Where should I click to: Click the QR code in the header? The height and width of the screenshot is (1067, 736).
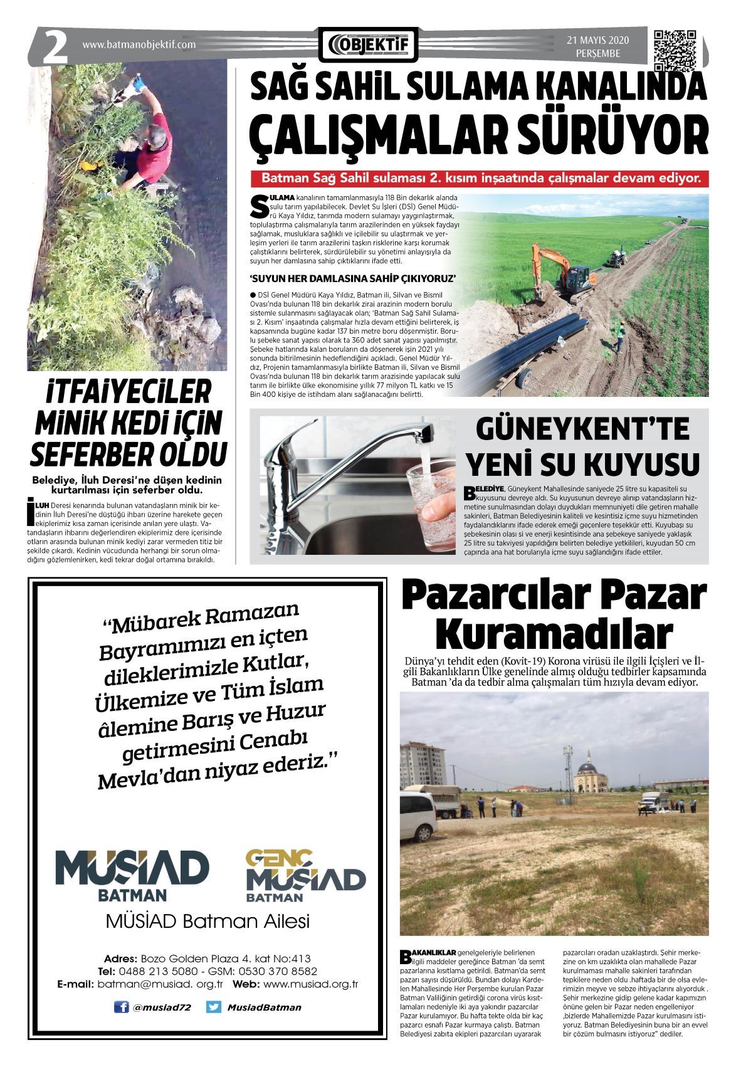coord(675,48)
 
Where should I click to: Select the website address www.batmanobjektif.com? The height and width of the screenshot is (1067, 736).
coord(139,45)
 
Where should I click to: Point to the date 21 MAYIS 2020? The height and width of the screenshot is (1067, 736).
coord(597,41)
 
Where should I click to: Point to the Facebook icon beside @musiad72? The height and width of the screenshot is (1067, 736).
coord(121,1007)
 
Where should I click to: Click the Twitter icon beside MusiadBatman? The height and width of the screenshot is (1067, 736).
coord(214,1007)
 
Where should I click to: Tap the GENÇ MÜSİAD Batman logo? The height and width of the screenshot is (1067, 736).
coord(305,875)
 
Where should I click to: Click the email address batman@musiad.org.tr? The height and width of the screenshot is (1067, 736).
coord(160,984)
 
